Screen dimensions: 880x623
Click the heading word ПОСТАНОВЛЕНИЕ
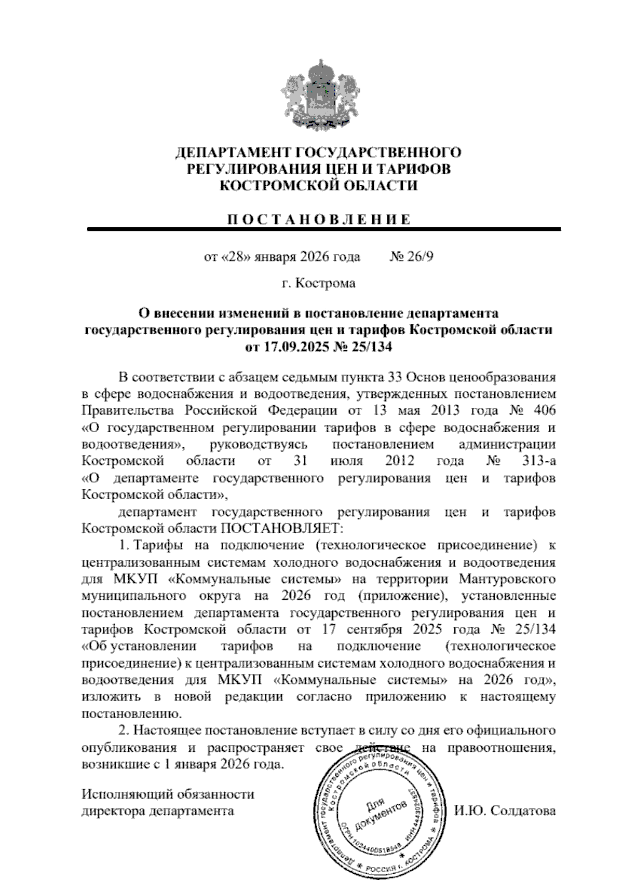point(318,219)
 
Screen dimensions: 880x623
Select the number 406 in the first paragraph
point(544,410)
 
